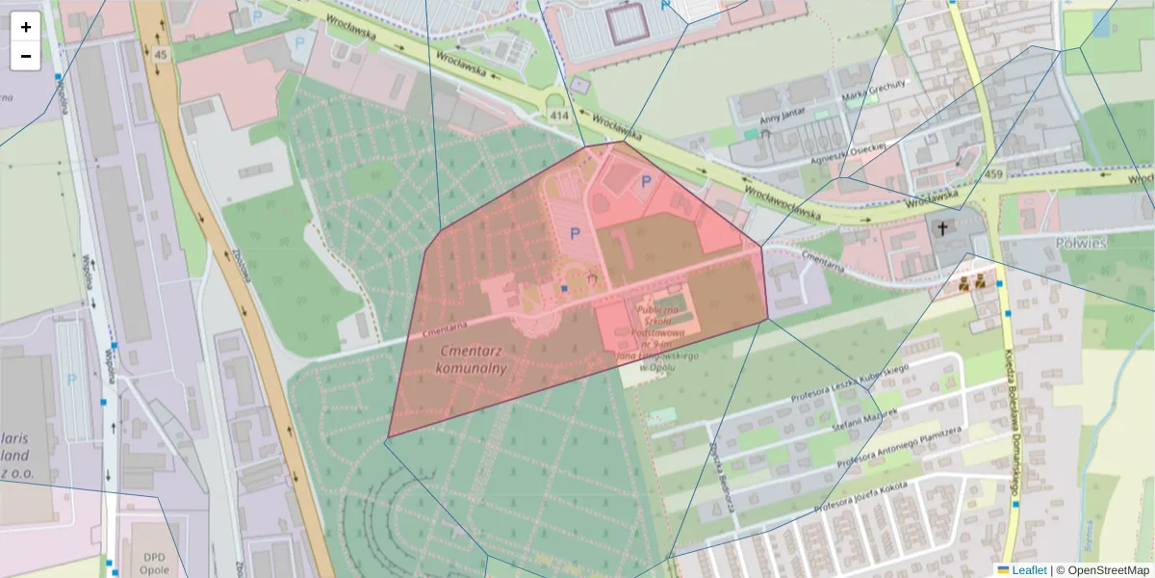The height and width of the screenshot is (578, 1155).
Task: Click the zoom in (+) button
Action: tap(26, 27)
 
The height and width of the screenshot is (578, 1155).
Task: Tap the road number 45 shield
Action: tap(159, 55)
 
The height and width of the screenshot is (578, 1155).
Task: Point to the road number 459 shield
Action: tap(994, 174)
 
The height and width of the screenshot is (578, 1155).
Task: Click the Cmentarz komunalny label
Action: tap(472, 359)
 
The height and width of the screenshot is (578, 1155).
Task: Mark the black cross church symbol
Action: tap(942, 228)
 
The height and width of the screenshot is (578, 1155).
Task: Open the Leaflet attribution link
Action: tap(1028, 570)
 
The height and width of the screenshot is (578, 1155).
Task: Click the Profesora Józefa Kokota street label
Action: tap(860, 496)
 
